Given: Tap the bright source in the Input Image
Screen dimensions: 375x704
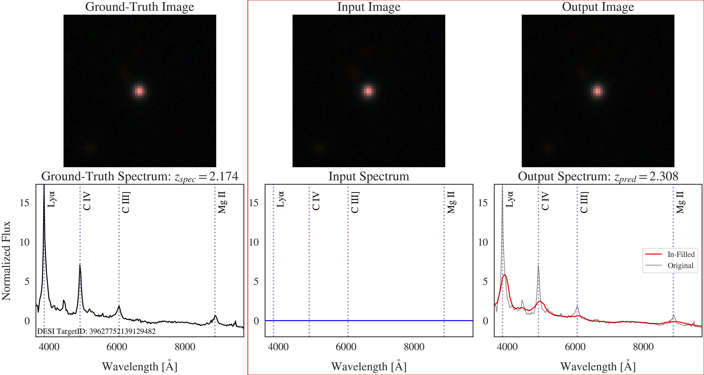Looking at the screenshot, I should (x=368, y=91).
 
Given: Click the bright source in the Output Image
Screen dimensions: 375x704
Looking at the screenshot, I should (x=597, y=91).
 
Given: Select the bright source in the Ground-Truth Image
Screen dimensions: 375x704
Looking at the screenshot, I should (x=139, y=91).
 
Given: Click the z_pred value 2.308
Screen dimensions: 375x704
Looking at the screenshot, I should (x=663, y=177).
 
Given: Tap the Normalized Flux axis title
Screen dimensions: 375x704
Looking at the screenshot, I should (x=6, y=261).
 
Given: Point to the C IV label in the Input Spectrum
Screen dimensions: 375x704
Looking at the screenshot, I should (x=316, y=201).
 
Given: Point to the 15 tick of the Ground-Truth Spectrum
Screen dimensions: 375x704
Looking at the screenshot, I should (x=25, y=203).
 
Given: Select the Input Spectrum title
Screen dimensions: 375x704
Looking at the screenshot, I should (x=369, y=177).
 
